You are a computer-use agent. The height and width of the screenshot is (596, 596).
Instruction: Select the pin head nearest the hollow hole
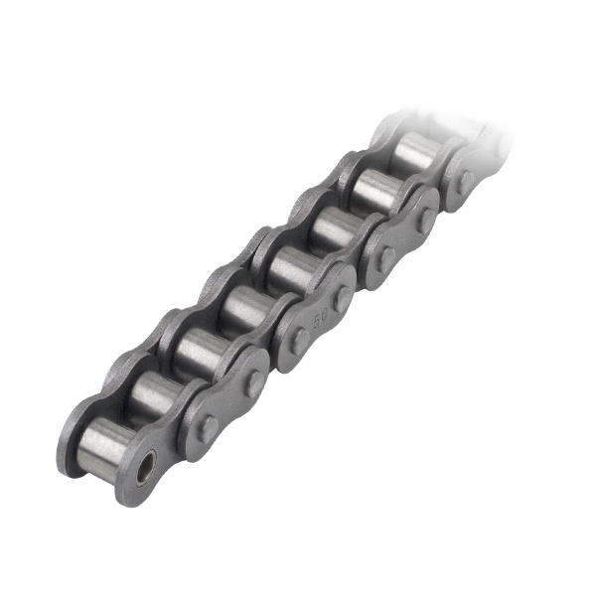(x=210, y=428)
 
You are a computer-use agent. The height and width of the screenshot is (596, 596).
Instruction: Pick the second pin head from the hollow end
(x=255, y=381)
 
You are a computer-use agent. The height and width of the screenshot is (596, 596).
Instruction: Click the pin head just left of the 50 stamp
(x=299, y=343)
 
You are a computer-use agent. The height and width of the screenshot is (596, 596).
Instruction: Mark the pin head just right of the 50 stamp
(x=343, y=298)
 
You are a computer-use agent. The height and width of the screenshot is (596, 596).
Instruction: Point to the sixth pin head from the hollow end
(x=425, y=219)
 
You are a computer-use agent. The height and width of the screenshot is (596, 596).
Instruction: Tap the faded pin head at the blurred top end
(x=464, y=180)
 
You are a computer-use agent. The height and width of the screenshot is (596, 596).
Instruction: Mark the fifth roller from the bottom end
(x=285, y=268)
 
